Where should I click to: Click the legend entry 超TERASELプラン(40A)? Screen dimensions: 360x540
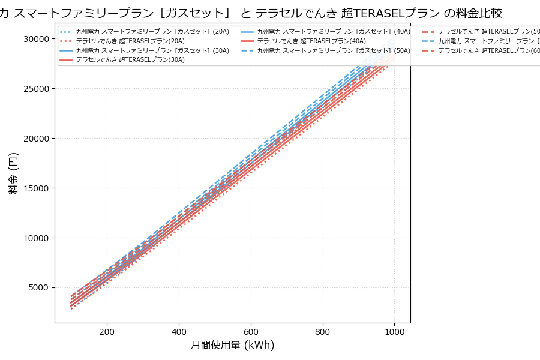pos(311,41)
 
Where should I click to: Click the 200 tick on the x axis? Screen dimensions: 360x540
pos(107,331)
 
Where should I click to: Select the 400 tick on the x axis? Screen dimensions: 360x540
pos(179,331)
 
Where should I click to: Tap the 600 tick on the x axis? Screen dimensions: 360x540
pos(251,331)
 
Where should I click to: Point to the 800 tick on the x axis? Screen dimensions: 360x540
pos(323,331)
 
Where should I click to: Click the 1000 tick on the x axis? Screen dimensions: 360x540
pos(394,331)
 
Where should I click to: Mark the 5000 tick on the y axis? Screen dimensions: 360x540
pos(37,288)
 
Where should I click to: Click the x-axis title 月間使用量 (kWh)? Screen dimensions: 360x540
pos(232,346)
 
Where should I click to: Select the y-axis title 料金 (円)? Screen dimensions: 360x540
pos(13,173)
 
